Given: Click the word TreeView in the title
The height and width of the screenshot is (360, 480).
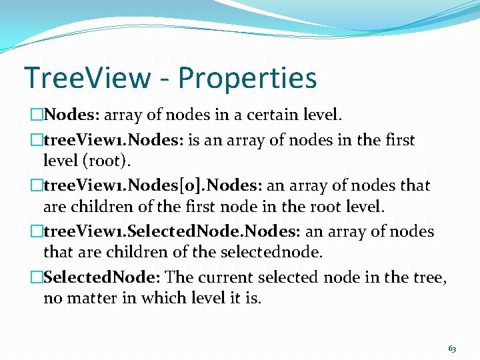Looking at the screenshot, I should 87,77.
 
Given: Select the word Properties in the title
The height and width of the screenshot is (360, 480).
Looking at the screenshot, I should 247,79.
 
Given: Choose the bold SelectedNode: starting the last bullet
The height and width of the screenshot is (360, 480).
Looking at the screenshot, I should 102,276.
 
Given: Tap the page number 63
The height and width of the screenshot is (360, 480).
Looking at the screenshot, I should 452,349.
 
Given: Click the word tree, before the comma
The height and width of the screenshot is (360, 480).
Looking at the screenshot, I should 429,277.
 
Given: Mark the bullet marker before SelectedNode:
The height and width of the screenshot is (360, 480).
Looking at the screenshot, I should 37,276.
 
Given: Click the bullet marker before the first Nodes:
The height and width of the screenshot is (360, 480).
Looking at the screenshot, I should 37,115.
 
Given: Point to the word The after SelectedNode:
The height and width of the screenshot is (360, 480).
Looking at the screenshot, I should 178,276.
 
